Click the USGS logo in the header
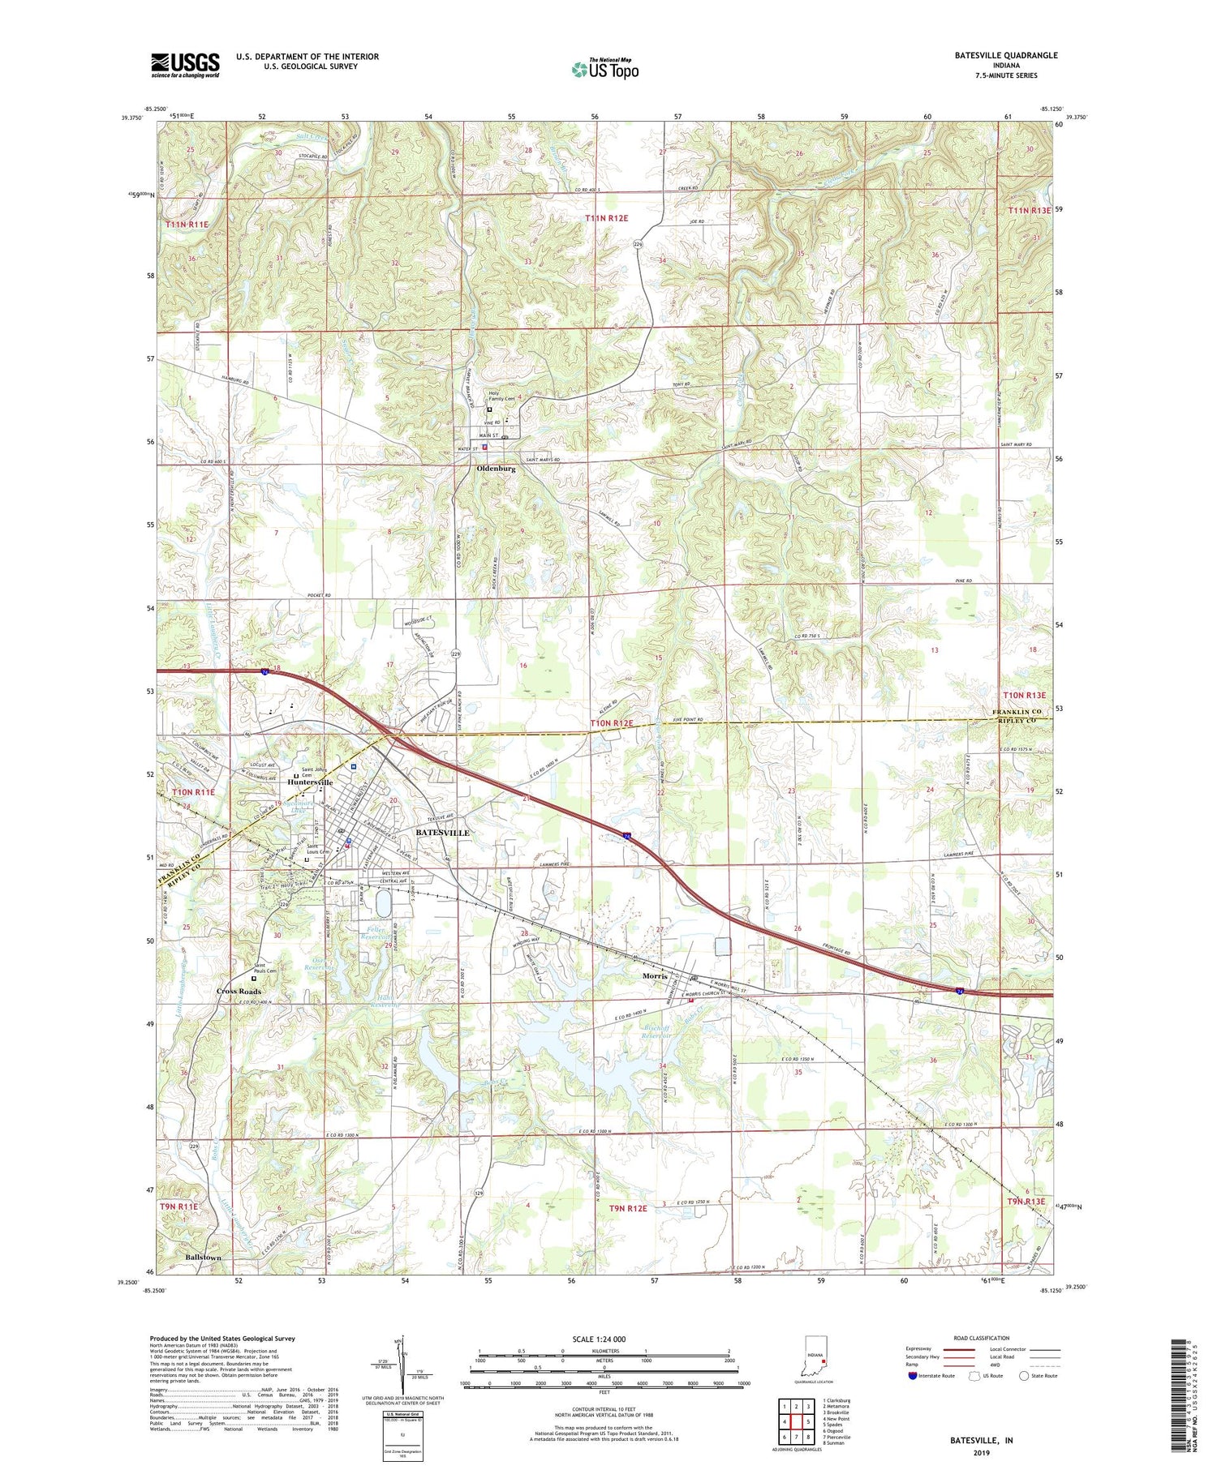click(185, 64)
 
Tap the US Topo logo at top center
click(604, 70)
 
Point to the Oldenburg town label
click(497, 469)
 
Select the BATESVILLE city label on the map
click(443, 833)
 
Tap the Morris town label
click(654, 976)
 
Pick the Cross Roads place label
click(239, 992)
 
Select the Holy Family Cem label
click(501, 396)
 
